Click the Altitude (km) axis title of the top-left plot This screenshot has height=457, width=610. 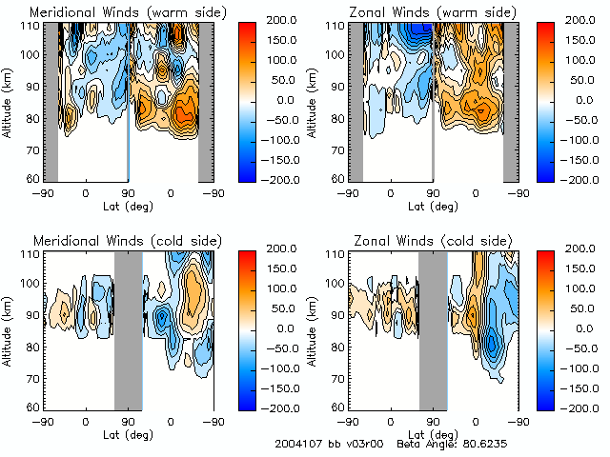[x=8, y=102]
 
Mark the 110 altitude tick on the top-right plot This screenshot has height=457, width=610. [x=334, y=26]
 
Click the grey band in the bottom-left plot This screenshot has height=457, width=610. [x=128, y=330]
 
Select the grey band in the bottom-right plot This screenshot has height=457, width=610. [x=433, y=330]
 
